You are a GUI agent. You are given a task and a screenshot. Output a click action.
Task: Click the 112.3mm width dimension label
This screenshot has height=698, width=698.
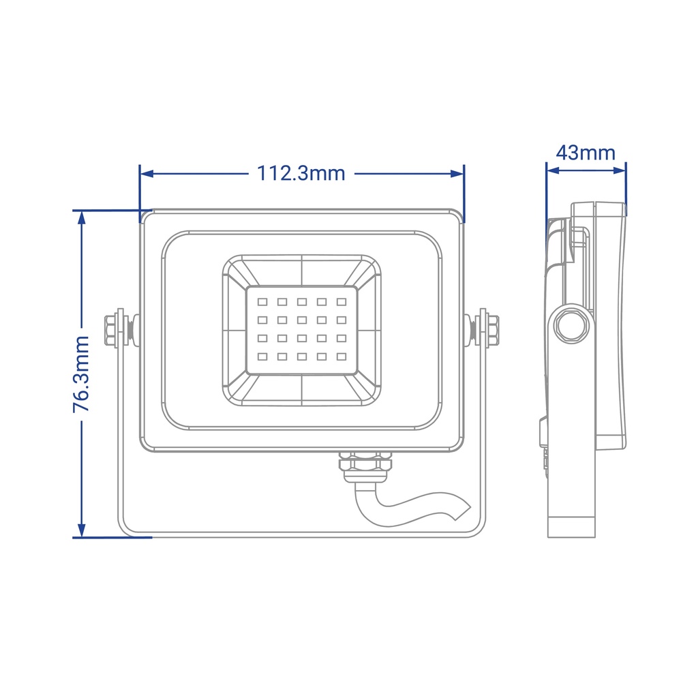click(301, 173)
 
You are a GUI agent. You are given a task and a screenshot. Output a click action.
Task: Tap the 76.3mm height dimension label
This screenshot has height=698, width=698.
click(82, 374)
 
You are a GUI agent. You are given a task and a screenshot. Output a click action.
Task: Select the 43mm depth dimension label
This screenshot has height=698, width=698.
click(586, 153)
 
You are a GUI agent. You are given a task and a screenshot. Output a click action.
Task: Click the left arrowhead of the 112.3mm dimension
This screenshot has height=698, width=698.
click(147, 173)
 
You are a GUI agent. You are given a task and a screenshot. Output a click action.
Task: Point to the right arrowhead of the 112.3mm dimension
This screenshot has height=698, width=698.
click(457, 173)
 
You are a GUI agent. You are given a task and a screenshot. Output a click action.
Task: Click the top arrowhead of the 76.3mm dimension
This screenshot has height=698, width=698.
click(82, 217)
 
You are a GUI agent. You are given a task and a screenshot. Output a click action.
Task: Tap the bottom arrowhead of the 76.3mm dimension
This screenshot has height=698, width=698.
click(82, 530)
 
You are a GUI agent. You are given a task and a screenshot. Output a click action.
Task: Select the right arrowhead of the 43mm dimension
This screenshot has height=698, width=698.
click(620, 170)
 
